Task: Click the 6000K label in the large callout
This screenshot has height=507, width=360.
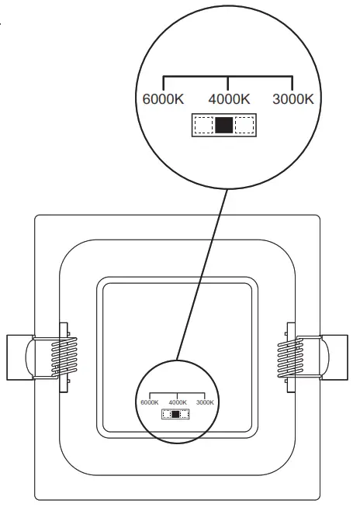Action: click(x=163, y=99)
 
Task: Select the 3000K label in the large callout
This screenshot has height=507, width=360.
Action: click(x=292, y=99)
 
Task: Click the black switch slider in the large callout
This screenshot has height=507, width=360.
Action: click(x=224, y=126)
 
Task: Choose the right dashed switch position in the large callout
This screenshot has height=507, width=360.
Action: click(x=245, y=126)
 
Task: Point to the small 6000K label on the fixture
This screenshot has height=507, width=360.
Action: click(x=150, y=402)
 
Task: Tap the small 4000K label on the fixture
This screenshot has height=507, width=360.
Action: click(x=178, y=402)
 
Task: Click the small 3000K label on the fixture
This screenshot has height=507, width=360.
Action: click(x=205, y=402)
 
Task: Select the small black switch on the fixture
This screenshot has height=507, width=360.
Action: click(x=176, y=414)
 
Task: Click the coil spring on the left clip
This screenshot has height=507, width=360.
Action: click(x=65, y=357)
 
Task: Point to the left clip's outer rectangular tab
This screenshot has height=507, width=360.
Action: click(x=17, y=357)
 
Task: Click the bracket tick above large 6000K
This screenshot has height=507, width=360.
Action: click(x=163, y=83)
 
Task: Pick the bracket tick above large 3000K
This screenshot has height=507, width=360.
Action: click(x=292, y=83)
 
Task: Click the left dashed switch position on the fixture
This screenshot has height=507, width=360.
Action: click(x=167, y=414)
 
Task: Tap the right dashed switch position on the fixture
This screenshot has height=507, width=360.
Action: click(x=185, y=414)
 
